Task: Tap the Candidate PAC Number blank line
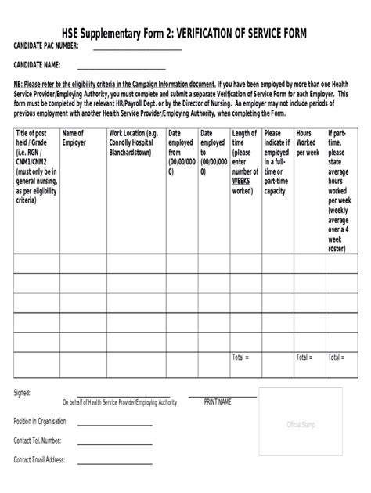(136, 51)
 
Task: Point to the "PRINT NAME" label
(218, 402)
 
